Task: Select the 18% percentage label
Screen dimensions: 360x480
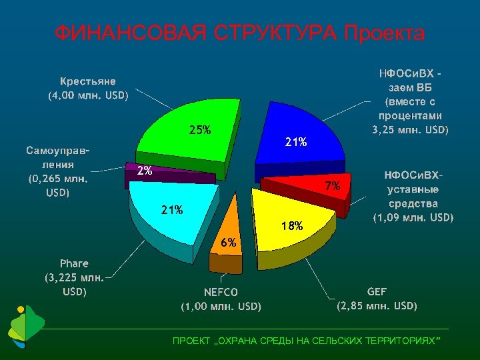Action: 292,226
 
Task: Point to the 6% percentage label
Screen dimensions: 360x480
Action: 229,243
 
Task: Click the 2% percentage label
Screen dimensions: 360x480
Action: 145,171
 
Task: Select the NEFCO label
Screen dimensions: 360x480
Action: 221,292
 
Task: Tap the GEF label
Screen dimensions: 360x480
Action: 377,291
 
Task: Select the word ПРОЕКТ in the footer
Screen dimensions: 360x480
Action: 191,341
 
